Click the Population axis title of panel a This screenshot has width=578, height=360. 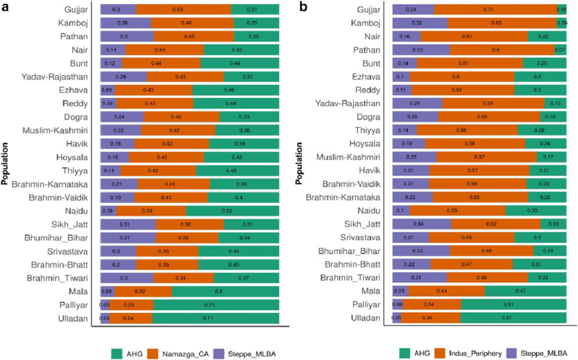pyautogui.click(x=6, y=164)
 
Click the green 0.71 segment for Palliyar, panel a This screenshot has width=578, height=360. pyautogui.click(x=214, y=304)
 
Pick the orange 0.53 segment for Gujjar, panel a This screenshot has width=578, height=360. pyautogui.click(x=183, y=10)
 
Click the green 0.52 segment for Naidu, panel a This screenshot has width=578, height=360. pyautogui.click(x=233, y=210)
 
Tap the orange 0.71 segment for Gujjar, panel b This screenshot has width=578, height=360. pyautogui.click(x=496, y=10)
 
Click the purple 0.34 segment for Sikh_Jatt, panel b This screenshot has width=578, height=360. pyautogui.click(x=422, y=224)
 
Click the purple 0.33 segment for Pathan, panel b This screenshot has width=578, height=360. pyautogui.click(x=421, y=50)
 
